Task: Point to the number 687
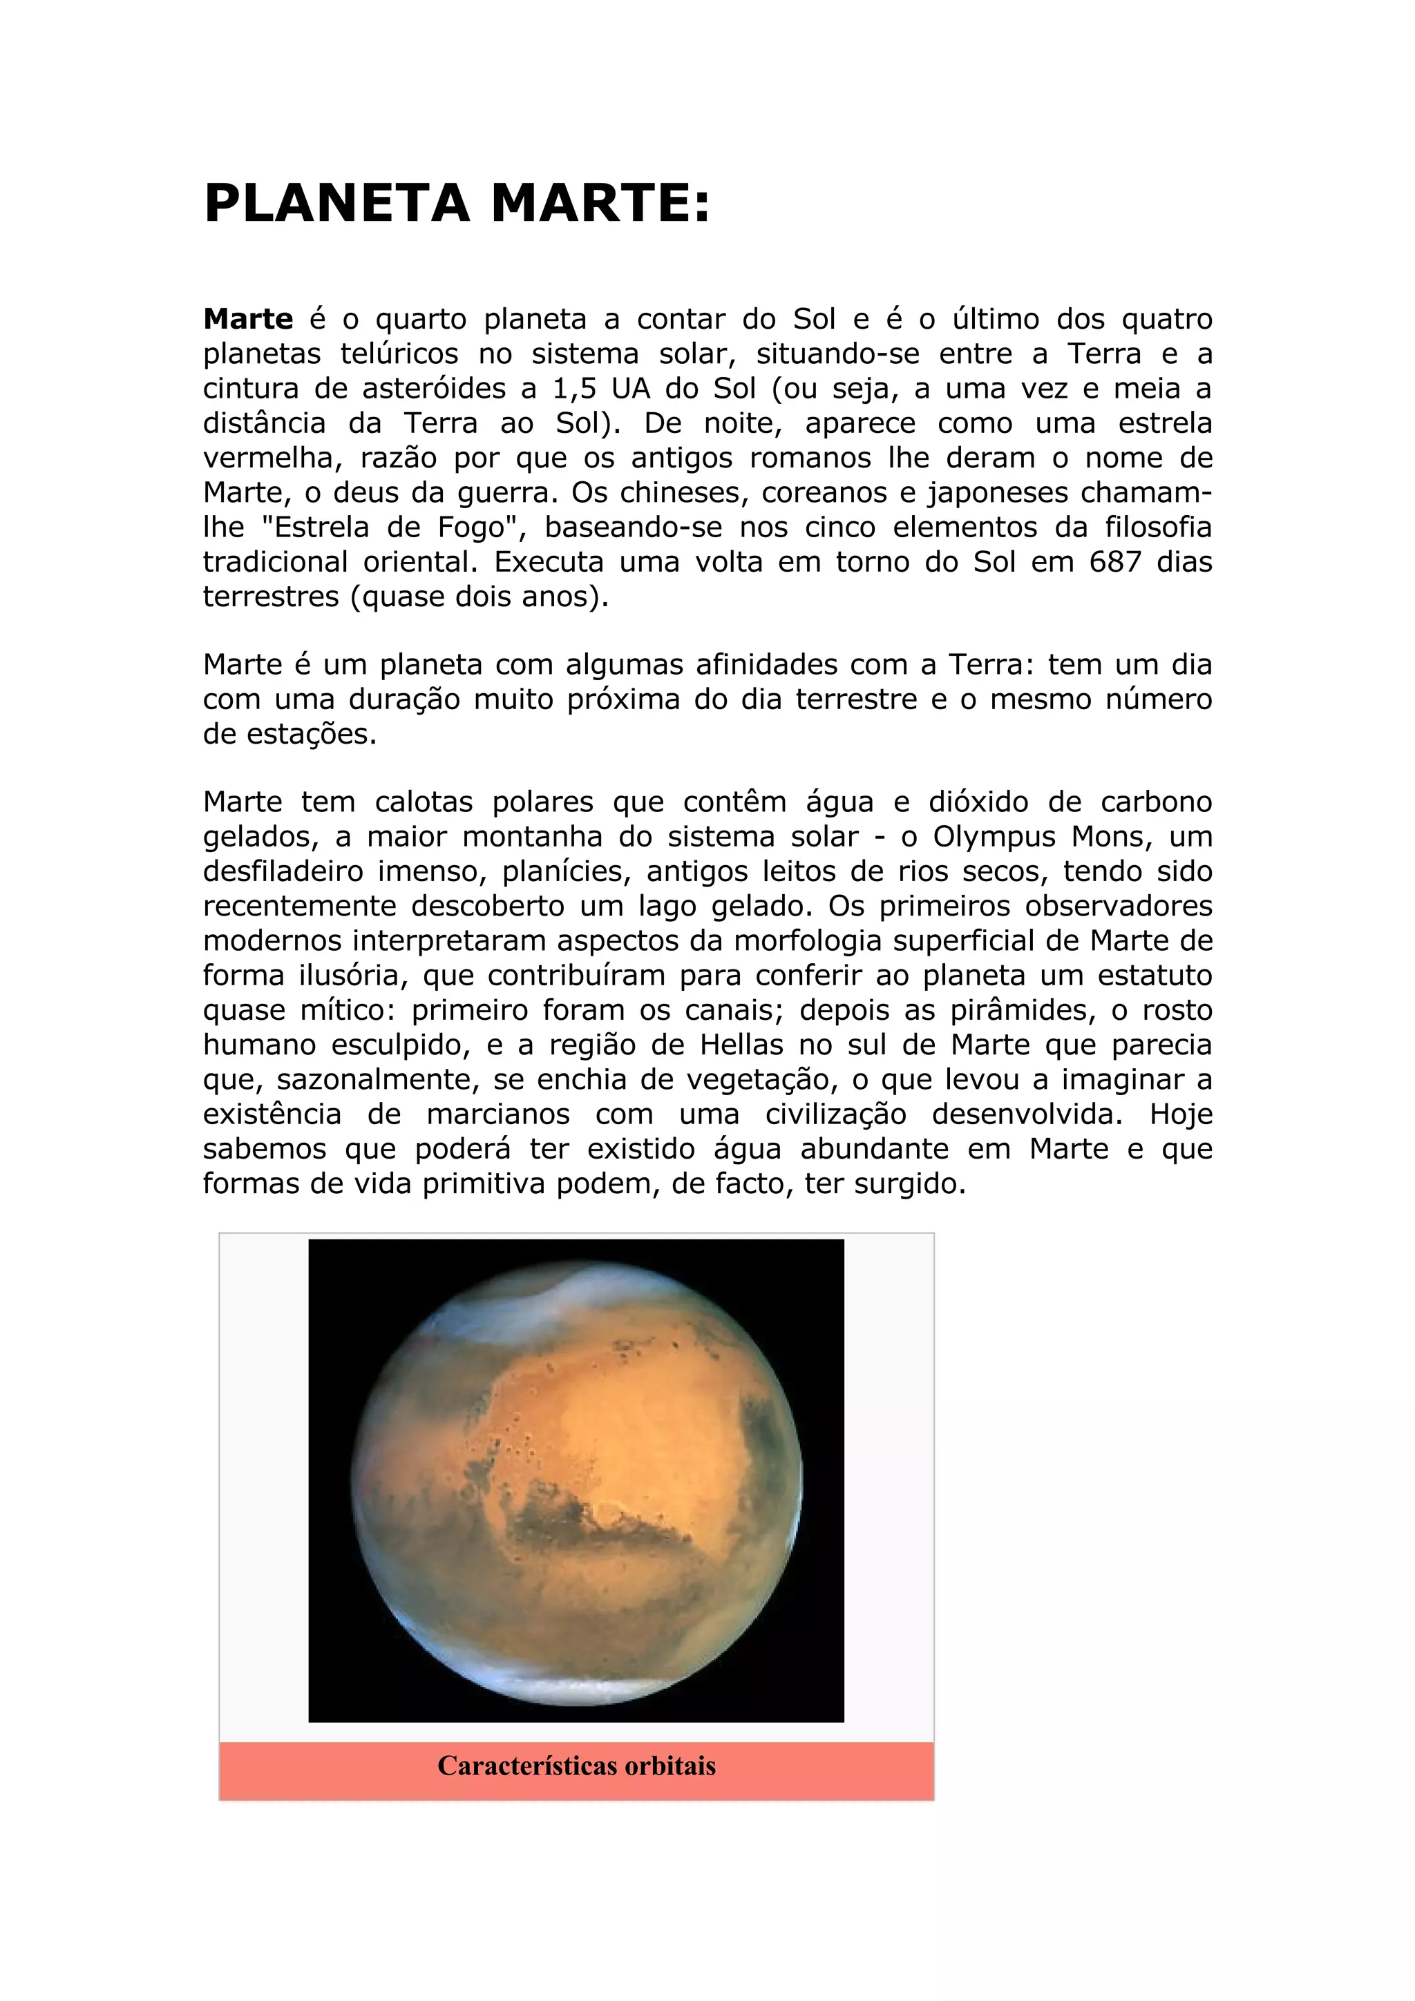pos(1115,562)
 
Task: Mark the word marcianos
pos(498,1114)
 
